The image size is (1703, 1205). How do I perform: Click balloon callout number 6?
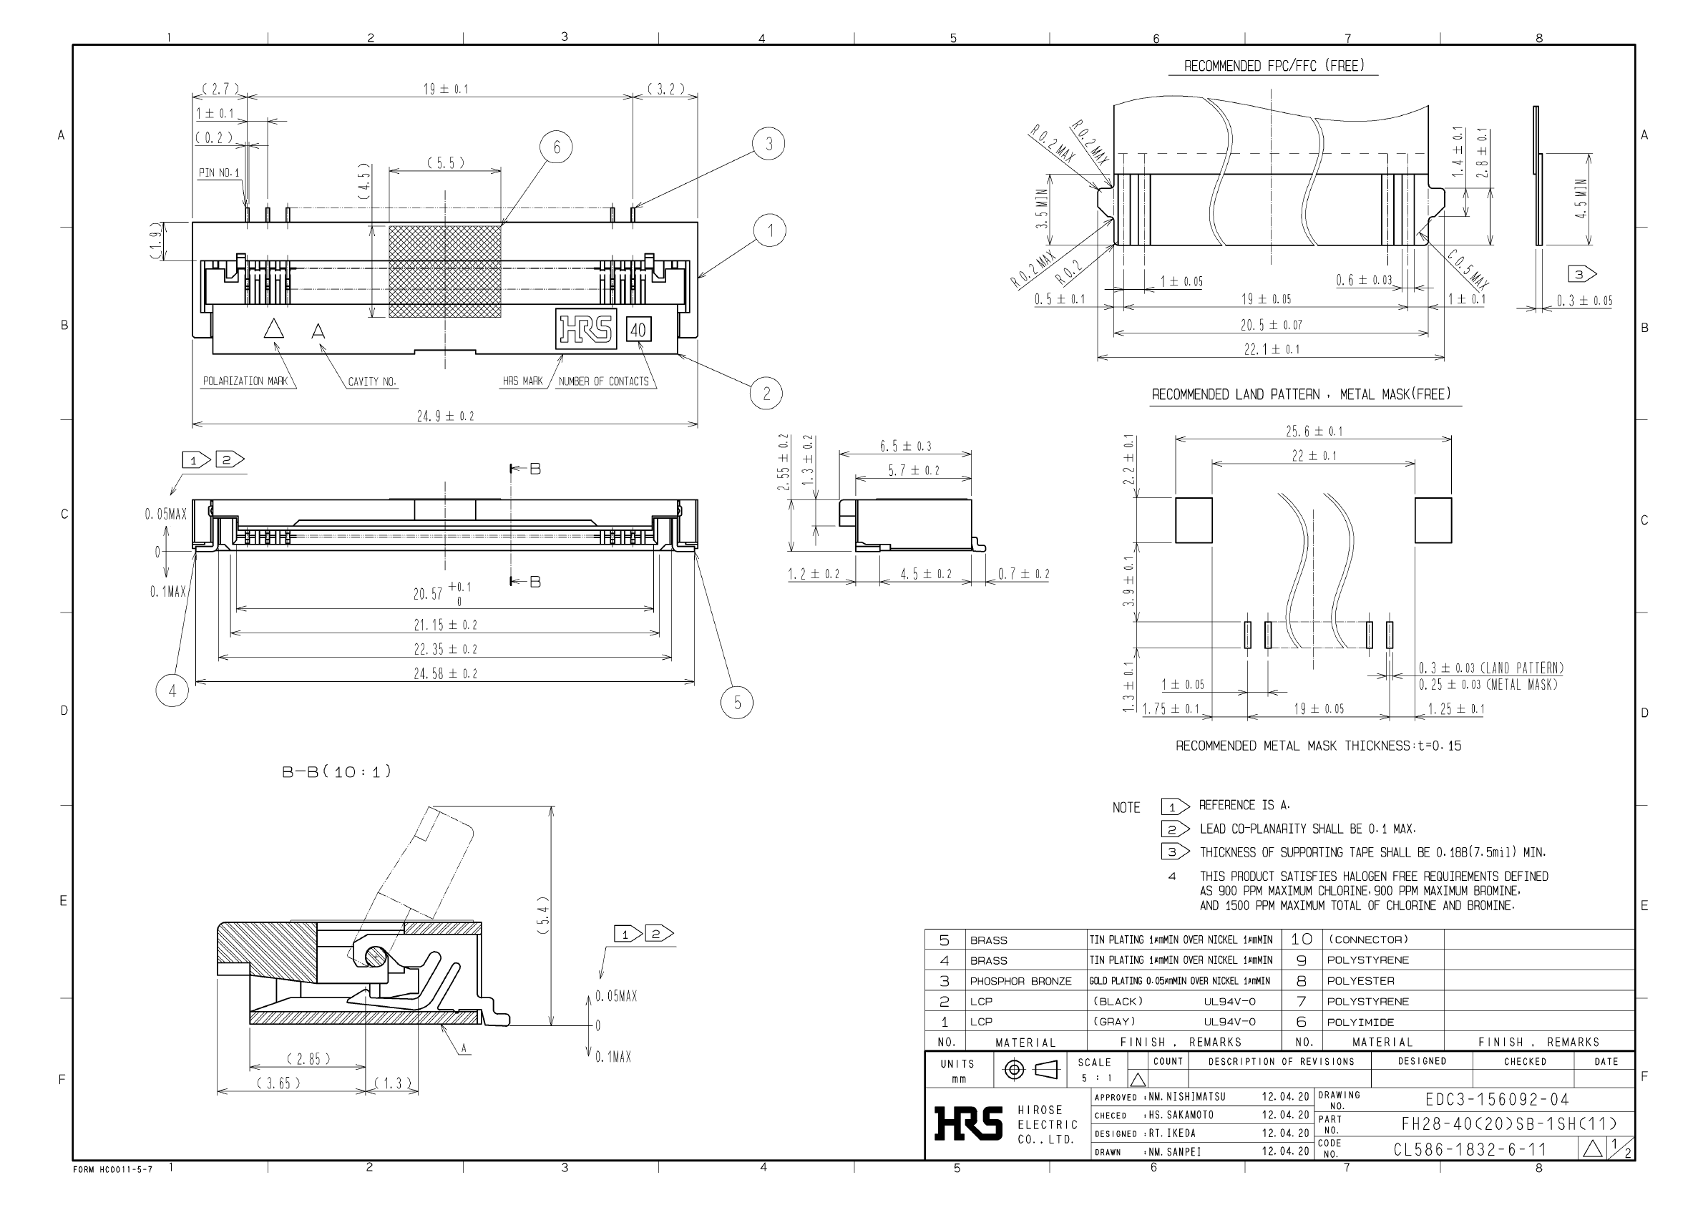pos(557,147)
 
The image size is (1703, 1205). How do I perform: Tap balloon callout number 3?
pos(768,144)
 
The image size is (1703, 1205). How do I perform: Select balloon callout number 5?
pos(737,702)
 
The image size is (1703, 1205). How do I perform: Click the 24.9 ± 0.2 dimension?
pos(445,416)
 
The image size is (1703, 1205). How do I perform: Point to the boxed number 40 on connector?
pos(638,329)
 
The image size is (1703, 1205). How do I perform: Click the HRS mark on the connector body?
pos(586,328)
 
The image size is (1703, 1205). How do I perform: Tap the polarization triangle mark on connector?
pos(274,329)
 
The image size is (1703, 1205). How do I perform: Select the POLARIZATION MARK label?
pos(245,381)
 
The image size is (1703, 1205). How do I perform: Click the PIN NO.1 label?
pos(219,173)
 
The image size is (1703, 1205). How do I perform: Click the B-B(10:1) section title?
pos(336,771)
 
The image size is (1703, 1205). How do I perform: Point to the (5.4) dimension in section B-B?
pos(544,916)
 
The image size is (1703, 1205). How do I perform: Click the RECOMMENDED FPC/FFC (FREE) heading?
pos(1274,66)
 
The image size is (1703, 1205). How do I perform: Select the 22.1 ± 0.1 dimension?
pos(1272,349)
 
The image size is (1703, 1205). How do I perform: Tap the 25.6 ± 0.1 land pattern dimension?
pos(1314,431)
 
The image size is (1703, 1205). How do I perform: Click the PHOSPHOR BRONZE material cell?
pos(1020,981)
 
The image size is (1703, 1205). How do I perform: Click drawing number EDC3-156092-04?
pos(1497,1099)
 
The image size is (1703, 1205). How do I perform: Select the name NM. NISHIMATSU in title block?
pos(1187,1097)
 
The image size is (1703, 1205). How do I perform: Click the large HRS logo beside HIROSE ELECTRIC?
pos(967,1124)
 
